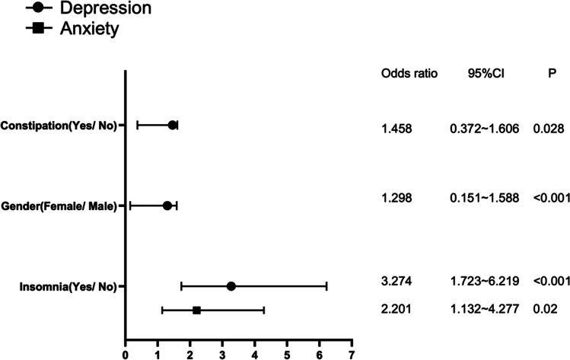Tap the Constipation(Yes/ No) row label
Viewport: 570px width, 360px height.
click(59, 126)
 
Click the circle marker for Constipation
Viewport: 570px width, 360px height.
click(172, 126)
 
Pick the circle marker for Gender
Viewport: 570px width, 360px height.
click(167, 205)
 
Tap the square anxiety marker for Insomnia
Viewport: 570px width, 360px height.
click(196, 311)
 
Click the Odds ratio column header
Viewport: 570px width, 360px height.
click(409, 73)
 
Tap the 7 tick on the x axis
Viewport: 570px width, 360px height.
click(352, 354)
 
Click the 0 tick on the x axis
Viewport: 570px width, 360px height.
click(125, 354)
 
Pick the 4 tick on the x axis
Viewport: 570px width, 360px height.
click(254, 354)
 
